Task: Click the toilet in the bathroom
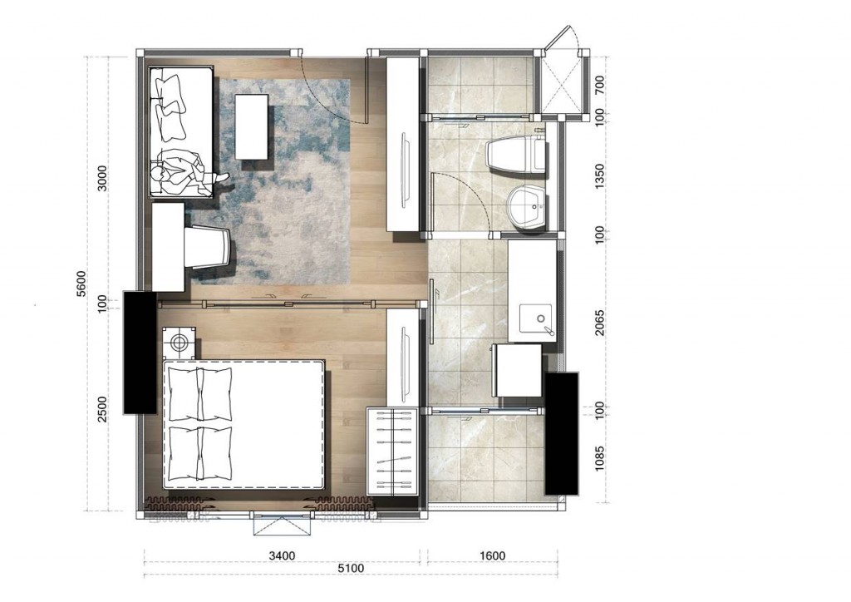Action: click(516, 155)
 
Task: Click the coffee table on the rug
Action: click(251, 127)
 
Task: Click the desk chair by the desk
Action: click(208, 247)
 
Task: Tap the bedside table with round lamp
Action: click(180, 342)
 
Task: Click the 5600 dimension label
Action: click(81, 284)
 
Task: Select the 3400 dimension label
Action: click(283, 555)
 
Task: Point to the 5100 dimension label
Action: click(352, 569)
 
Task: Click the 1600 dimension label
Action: click(492, 555)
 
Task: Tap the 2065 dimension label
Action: click(599, 323)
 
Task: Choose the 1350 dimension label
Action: click(599, 176)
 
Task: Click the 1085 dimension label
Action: click(599, 459)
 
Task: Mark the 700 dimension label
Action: click(599, 85)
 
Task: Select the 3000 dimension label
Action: click(102, 178)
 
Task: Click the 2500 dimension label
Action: click(102, 409)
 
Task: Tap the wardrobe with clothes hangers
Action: click(392, 451)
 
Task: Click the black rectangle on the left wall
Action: click(140, 353)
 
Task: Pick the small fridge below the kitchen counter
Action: click(517, 370)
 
